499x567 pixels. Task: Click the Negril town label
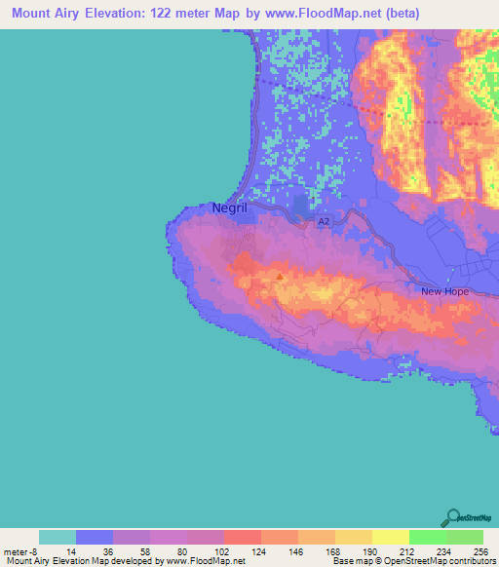[230, 208]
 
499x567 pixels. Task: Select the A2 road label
[323, 222]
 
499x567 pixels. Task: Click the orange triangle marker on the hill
[281, 276]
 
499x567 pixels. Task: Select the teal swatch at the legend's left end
[58, 537]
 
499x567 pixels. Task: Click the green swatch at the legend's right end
[464, 537]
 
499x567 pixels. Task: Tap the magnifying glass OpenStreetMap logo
[454, 518]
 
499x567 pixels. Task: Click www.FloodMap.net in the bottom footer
[206, 562]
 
